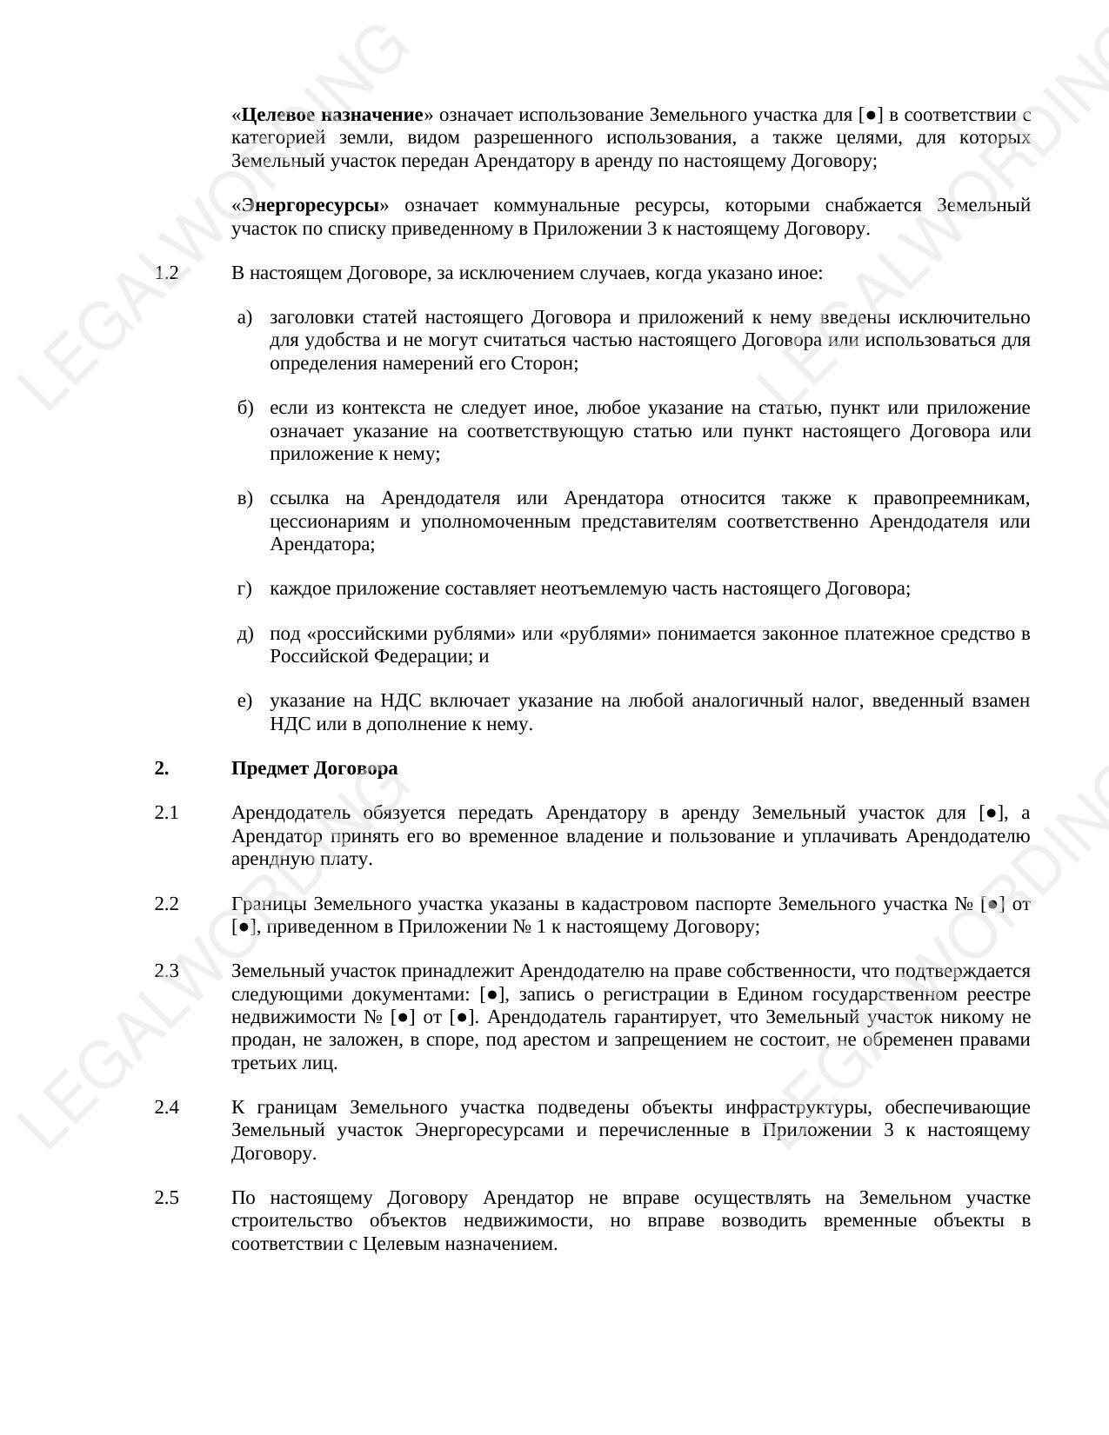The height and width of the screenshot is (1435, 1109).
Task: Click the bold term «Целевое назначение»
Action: pyautogui.click(x=331, y=115)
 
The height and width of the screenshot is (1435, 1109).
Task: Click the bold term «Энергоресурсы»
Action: pyautogui.click(x=311, y=205)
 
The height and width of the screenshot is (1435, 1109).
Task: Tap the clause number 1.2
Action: pyautogui.click(x=166, y=273)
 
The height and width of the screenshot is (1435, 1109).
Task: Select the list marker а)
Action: pyautogui.click(x=244, y=317)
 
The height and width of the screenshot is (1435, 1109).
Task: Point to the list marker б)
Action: pyautogui.click(x=244, y=408)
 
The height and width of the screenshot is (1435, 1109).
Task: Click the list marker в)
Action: pyautogui.click(x=244, y=498)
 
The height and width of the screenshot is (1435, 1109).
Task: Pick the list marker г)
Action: pyautogui.click(x=244, y=588)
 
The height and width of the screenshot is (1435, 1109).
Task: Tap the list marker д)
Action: pyautogui.click(x=244, y=634)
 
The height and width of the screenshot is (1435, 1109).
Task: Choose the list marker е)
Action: pyautogui.click(x=244, y=701)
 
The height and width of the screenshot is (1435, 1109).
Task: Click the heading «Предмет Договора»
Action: pyautogui.click(x=314, y=768)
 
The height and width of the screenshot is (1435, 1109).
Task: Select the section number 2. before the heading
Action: pyautogui.click(x=162, y=768)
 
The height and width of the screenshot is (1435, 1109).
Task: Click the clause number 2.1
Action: pyautogui.click(x=166, y=813)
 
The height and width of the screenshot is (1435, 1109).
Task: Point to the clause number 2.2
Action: pyautogui.click(x=166, y=904)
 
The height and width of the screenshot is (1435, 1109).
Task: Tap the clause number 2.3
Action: pyautogui.click(x=166, y=971)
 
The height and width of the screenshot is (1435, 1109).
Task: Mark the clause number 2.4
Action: pyautogui.click(x=166, y=1107)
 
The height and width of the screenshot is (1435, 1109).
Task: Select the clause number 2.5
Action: pyautogui.click(x=166, y=1198)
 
